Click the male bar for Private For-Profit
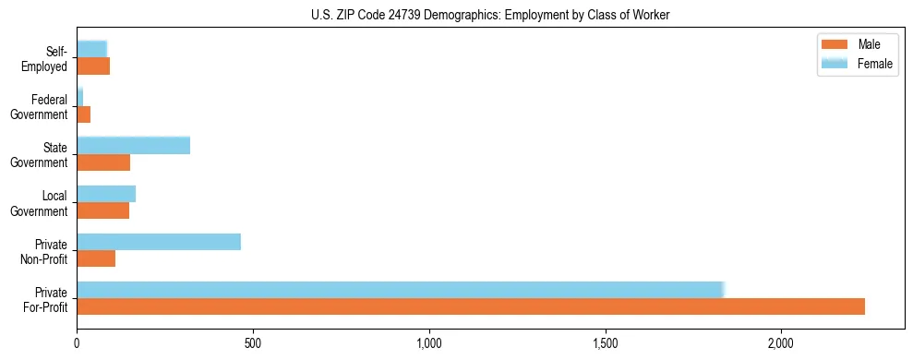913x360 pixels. click(471, 306)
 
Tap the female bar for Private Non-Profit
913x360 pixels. click(159, 242)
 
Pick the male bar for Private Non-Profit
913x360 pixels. click(96, 258)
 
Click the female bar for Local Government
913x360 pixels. click(106, 194)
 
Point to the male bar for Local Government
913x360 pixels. click(102, 210)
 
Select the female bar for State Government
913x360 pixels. click(133, 145)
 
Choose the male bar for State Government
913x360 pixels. click(103, 162)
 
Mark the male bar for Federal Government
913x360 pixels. click(84, 114)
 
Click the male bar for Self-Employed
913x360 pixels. click(93, 66)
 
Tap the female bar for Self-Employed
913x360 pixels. click(91, 49)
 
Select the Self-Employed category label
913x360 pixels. click(48, 59)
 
